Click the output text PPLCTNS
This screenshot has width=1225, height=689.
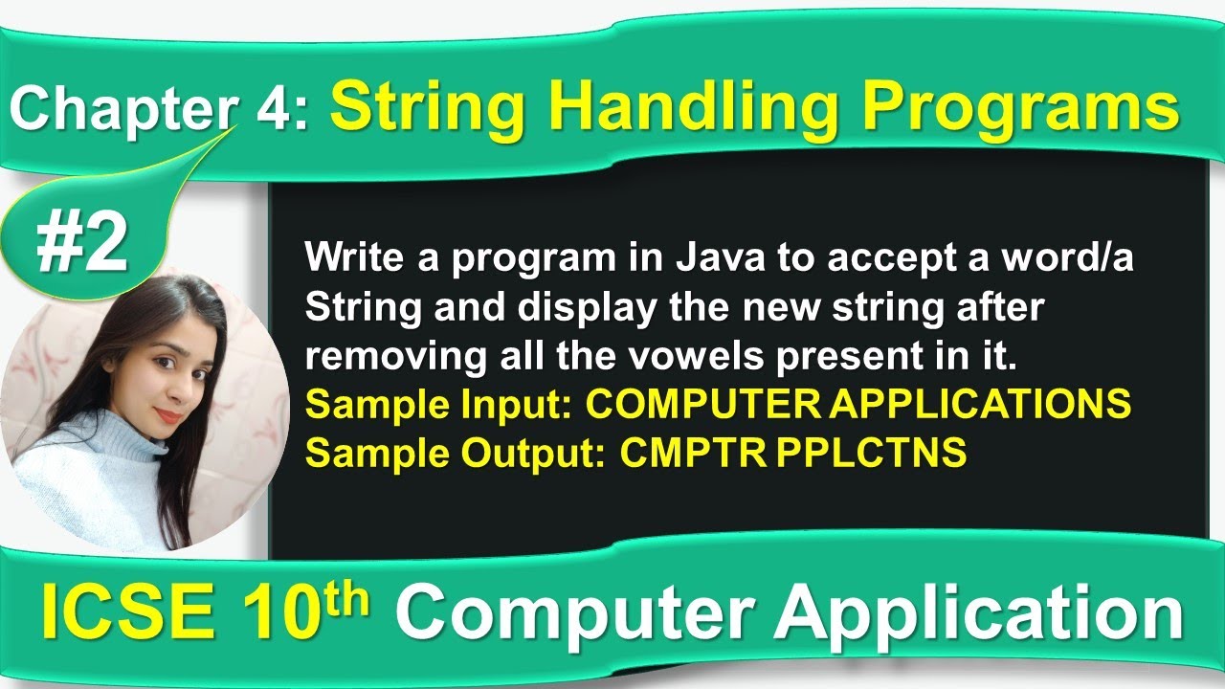point(871,454)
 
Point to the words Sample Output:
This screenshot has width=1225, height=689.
point(455,454)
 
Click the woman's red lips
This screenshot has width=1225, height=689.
point(168,415)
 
